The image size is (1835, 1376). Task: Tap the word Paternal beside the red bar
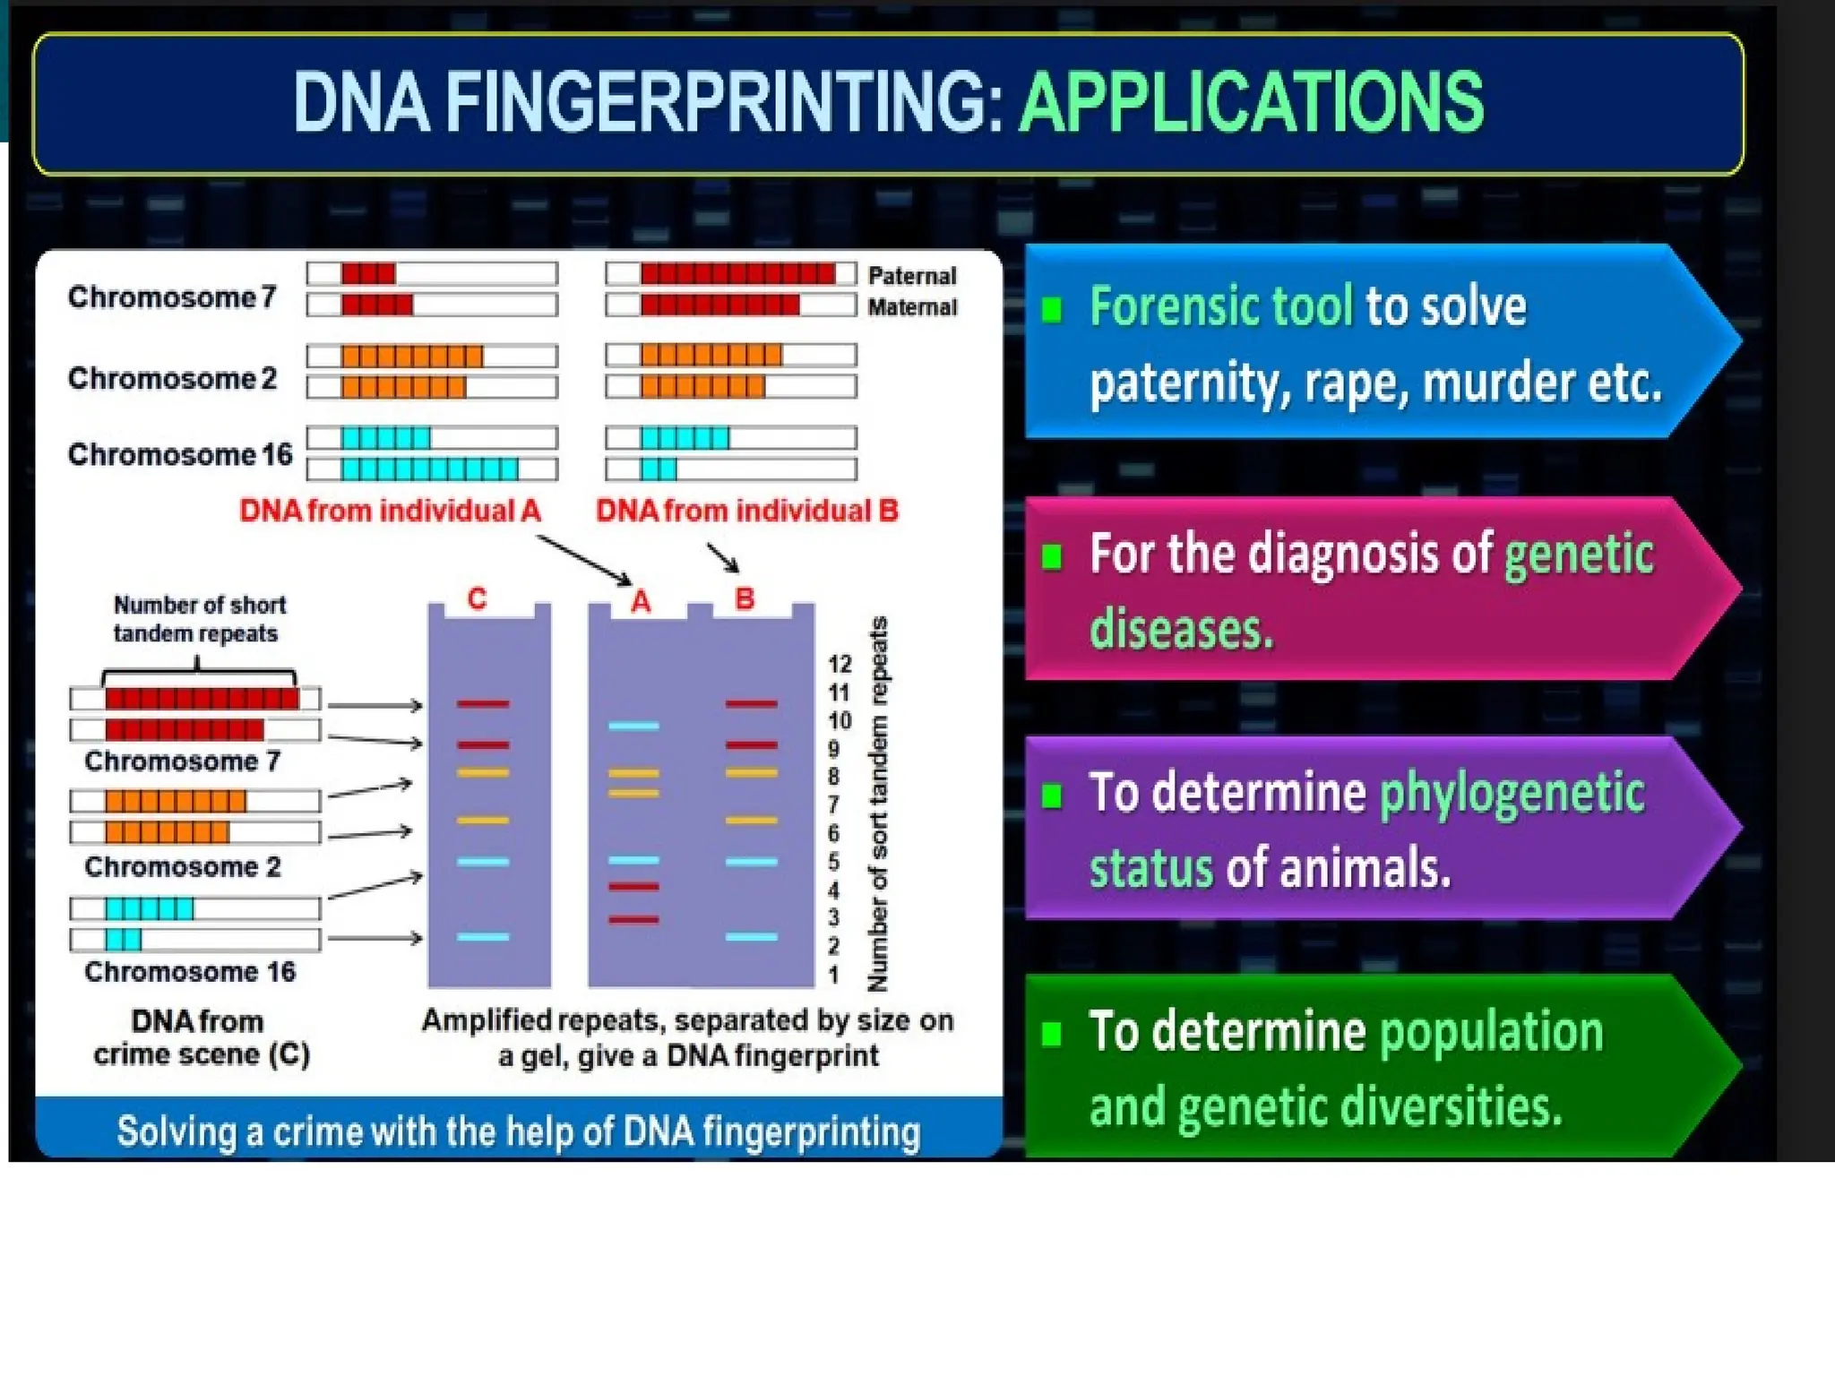[911, 276]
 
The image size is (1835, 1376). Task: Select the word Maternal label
[911, 307]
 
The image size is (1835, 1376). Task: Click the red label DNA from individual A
[390, 511]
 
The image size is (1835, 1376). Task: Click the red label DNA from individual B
[746, 511]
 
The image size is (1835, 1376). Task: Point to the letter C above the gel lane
[477, 598]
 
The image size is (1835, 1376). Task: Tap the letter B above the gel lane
[744, 598]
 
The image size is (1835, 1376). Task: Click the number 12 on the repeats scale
[839, 664]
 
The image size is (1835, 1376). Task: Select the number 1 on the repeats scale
[833, 975]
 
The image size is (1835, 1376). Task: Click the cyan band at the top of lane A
[633, 726]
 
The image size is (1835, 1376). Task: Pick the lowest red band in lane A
[633, 919]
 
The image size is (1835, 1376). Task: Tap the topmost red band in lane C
[483, 704]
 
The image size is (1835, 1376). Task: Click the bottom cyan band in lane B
[751, 937]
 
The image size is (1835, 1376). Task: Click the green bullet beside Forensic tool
[1052, 310]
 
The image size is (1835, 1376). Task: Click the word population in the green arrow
[1491, 1031]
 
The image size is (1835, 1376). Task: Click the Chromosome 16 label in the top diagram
[180, 454]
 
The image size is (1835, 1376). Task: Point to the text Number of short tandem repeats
[199, 619]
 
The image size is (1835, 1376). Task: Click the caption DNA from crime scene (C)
[201, 1037]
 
